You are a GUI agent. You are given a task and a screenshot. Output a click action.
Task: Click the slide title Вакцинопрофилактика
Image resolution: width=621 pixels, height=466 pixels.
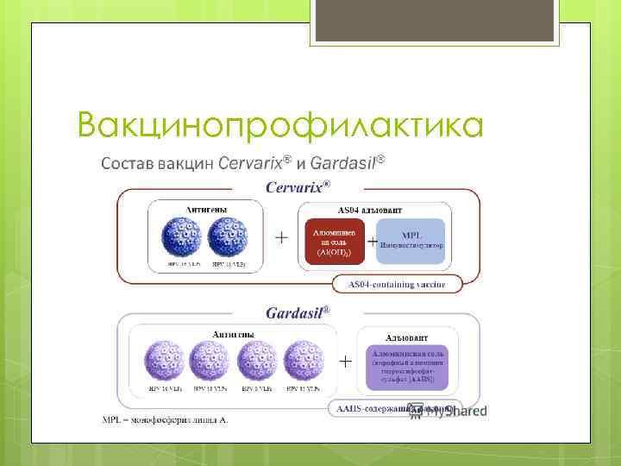279,126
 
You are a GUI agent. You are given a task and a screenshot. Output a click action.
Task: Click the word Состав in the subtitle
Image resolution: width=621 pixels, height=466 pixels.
128,163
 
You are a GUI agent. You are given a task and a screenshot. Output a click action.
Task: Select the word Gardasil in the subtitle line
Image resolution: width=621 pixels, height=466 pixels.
342,162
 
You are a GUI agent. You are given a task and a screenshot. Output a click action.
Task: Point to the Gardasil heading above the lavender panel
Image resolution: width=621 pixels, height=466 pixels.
297,312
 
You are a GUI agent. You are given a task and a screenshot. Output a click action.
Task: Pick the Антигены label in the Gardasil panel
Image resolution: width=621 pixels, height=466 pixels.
232,334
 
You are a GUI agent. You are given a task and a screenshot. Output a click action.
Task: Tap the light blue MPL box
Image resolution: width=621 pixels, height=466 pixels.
411,239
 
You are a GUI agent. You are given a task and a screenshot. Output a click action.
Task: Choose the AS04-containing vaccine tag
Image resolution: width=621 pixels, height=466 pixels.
396,284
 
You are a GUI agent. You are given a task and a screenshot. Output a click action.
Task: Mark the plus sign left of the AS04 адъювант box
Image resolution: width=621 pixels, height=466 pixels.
280,238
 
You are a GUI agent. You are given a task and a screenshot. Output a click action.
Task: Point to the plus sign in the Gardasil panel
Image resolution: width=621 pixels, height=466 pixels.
344,362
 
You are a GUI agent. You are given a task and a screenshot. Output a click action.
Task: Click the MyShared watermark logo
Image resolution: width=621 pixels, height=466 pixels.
448,411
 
